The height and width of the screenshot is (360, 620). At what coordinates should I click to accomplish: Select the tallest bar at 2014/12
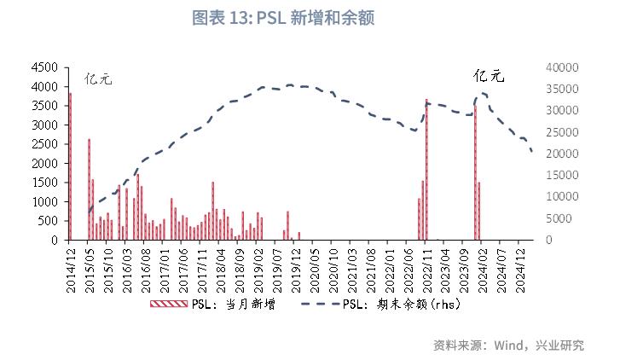(70, 166)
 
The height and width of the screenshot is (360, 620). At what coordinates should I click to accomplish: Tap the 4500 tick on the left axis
(43, 67)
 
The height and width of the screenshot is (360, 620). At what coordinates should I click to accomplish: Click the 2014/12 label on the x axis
(71, 266)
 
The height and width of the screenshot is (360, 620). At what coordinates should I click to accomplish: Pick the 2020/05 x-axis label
(314, 266)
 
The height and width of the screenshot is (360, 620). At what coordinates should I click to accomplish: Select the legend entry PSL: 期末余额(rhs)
(399, 304)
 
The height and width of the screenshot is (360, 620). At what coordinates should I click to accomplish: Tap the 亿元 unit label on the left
(98, 80)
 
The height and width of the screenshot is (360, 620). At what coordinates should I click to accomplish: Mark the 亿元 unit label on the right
(490, 76)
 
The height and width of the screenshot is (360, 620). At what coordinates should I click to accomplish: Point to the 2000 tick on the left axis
(43, 163)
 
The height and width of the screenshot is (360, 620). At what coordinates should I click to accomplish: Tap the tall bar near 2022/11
(426, 170)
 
